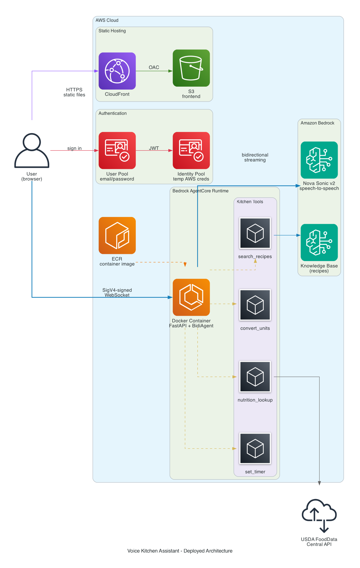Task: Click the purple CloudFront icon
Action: click(x=117, y=71)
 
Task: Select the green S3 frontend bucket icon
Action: click(x=191, y=68)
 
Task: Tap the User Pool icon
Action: click(x=117, y=150)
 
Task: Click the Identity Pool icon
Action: click(x=191, y=150)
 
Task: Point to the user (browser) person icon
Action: click(x=32, y=151)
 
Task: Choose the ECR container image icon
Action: click(x=117, y=235)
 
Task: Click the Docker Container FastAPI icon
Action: click(x=191, y=297)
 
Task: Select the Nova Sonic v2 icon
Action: click(x=319, y=160)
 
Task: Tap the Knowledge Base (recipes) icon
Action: click(x=319, y=242)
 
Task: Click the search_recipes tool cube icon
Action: click(x=255, y=233)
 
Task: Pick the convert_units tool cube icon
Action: click(x=255, y=305)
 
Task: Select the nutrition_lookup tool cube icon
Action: click(x=255, y=376)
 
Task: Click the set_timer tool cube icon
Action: click(x=255, y=448)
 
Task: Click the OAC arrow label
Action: click(x=154, y=67)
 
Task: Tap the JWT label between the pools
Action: click(x=154, y=148)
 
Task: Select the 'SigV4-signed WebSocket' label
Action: click(x=117, y=293)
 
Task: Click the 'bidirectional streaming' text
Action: click(x=255, y=157)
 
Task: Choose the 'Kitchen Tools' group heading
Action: click(x=250, y=202)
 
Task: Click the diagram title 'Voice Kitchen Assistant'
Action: click(x=180, y=551)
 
